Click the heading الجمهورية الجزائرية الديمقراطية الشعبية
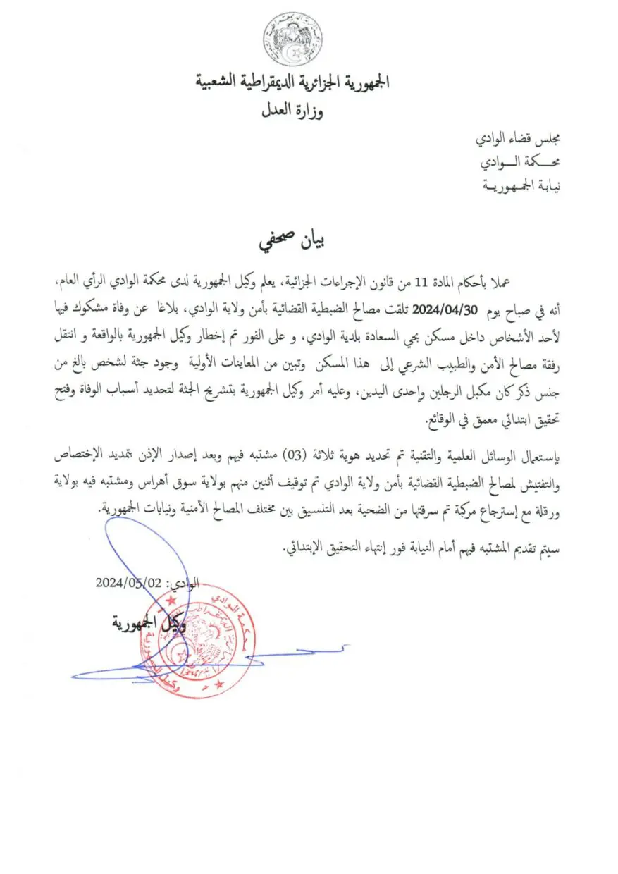(x=292, y=82)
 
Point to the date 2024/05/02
(x=129, y=583)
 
